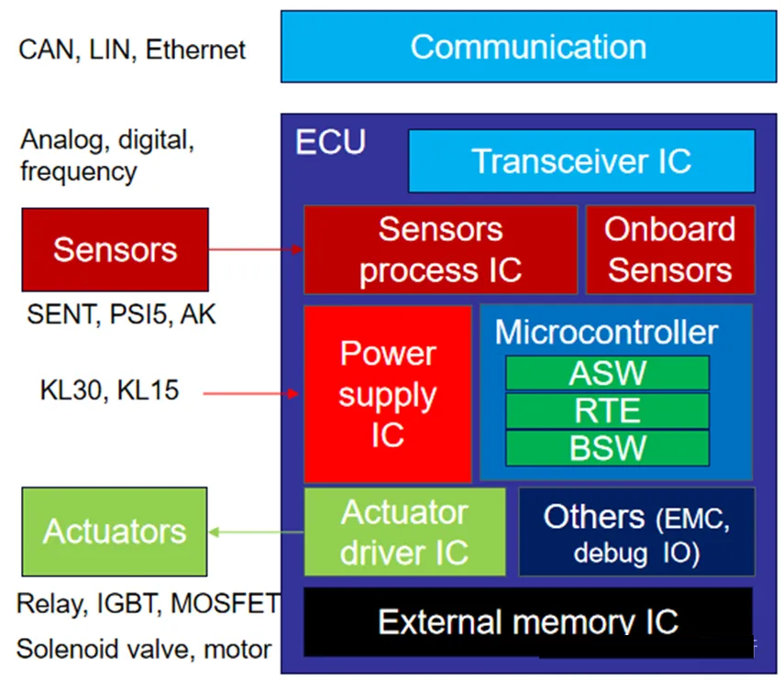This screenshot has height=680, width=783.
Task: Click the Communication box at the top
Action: [527, 47]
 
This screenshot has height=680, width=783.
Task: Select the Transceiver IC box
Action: [581, 161]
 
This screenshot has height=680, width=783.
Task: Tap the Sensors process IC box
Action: [440, 249]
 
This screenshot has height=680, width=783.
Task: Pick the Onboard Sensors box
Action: [670, 249]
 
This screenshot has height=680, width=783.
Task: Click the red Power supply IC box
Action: [388, 394]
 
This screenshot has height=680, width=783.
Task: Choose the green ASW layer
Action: [607, 374]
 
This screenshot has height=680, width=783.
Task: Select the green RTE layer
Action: [607, 411]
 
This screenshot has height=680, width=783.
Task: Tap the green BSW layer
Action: [607, 448]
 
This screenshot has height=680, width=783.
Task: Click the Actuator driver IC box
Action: [404, 532]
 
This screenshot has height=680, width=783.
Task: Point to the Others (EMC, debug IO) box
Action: [637, 532]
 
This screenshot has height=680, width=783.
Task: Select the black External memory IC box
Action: [527, 622]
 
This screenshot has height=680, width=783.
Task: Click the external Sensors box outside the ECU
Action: [115, 249]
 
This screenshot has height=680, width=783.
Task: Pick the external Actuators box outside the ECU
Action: [115, 532]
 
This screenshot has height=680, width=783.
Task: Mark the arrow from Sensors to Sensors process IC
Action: [256, 249]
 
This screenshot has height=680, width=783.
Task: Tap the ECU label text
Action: [330, 143]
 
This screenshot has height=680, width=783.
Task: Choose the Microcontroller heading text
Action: [607, 333]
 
